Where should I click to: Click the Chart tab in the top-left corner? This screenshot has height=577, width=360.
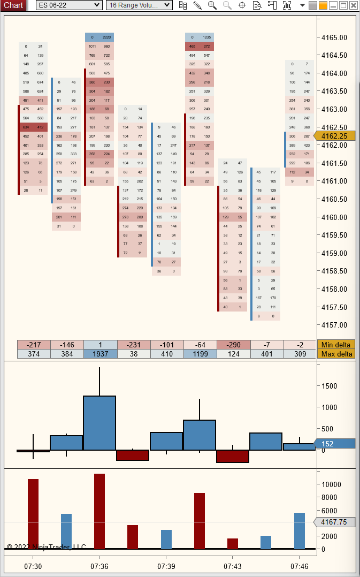tap(13, 5)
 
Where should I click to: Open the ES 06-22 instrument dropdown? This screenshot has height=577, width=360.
tap(69, 5)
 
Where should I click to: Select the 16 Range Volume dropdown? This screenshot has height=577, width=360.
tap(139, 5)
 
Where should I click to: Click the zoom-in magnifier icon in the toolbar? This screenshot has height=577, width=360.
tap(212, 5)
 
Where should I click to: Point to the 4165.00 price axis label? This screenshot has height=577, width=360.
tap(334, 38)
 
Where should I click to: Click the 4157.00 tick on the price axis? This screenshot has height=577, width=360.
tap(334, 325)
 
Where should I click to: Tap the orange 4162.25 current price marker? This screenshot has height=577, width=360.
tap(335, 136)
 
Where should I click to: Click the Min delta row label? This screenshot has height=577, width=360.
tap(336, 345)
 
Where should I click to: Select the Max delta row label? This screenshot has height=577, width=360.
tap(336, 354)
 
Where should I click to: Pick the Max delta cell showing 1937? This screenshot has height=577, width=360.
tap(100, 354)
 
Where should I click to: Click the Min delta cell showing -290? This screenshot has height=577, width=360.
tap(233, 345)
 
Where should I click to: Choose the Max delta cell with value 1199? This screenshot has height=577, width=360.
tap(200, 354)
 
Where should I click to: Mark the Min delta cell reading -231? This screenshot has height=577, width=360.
tap(133, 345)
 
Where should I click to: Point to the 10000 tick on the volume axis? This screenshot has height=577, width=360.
tap(331, 484)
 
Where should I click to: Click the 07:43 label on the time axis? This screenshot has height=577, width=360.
tap(233, 566)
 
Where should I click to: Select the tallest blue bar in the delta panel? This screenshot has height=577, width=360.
tap(99, 423)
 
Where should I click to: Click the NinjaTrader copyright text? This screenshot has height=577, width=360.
tap(46, 546)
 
